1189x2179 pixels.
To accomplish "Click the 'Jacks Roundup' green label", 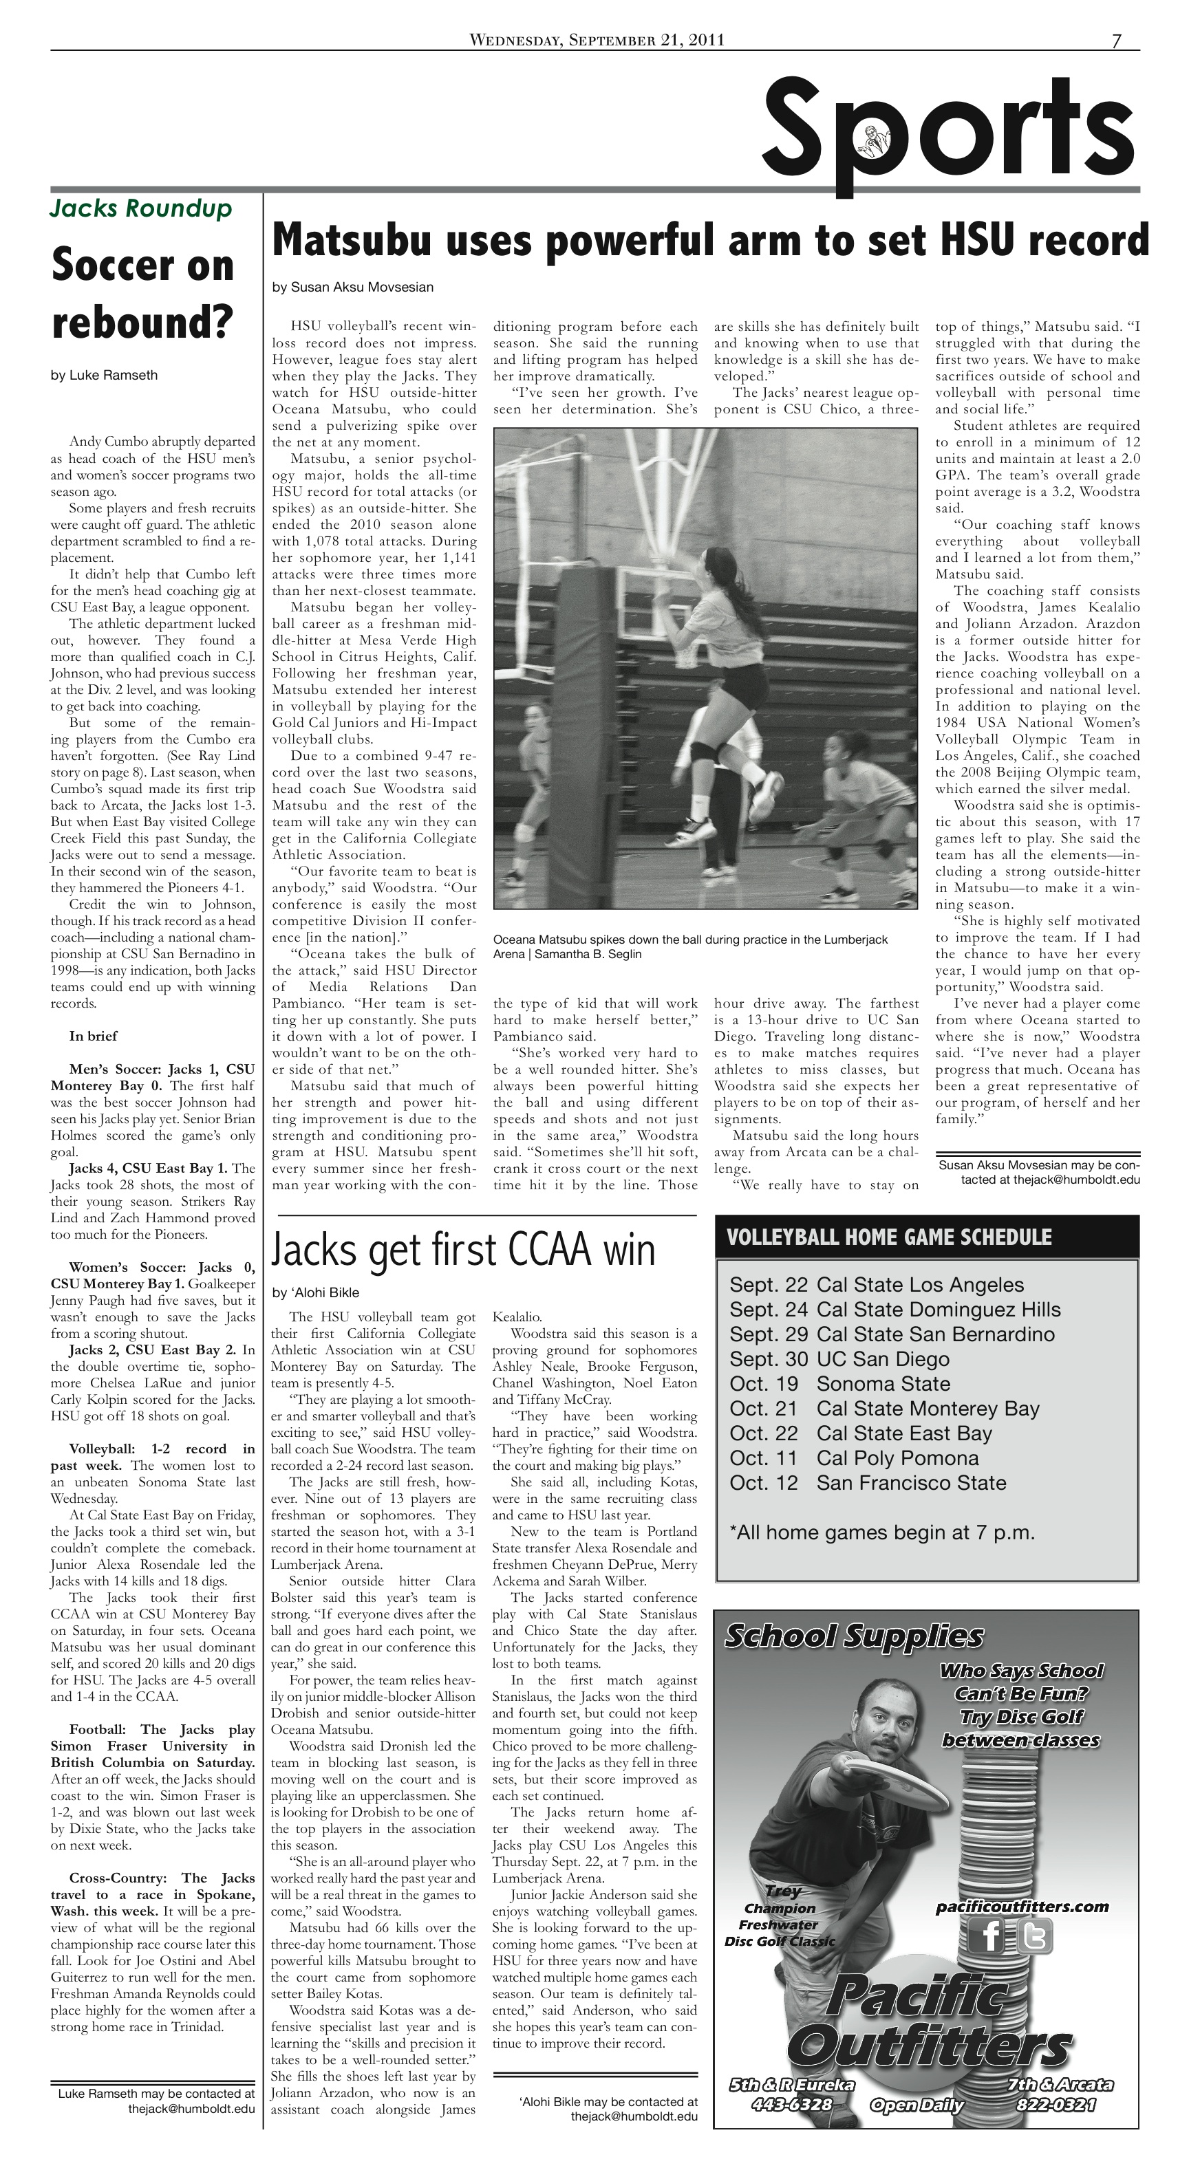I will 140,208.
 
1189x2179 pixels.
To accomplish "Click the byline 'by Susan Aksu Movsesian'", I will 353,288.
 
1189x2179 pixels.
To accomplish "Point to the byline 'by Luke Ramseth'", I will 104,376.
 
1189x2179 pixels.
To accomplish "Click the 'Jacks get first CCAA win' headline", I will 463,1250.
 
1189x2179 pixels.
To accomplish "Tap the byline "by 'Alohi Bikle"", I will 316,1292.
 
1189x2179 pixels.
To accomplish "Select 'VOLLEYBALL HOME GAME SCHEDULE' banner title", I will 888,1237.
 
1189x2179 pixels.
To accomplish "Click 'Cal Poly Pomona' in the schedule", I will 897,1458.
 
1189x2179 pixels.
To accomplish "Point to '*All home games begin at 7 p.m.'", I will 882,1532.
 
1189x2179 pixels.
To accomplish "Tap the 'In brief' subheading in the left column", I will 93,1037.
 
